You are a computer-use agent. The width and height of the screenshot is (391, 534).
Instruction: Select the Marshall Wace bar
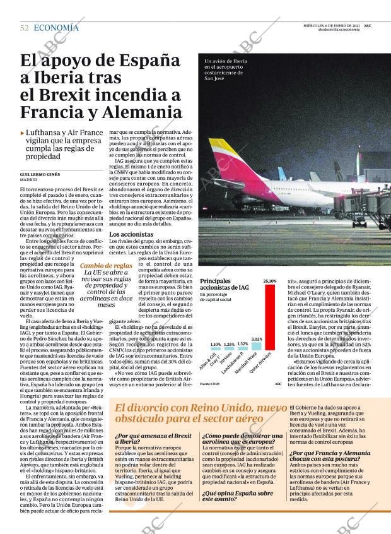pyautogui.click(x=256, y=346)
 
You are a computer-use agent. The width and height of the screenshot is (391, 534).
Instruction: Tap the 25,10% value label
pyautogui.click(x=270, y=281)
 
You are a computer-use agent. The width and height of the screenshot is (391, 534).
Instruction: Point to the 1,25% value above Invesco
pyautogui.click(x=229, y=345)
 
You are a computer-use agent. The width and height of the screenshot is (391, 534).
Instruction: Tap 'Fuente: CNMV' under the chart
pyautogui.click(x=210, y=383)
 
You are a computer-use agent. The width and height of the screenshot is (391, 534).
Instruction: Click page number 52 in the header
pyautogui.click(x=25, y=28)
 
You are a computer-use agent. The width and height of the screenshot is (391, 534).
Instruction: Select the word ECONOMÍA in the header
pyautogui.click(x=56, y=28)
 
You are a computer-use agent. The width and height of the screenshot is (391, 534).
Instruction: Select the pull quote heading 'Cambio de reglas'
pyautogui.click(x=106, y=266)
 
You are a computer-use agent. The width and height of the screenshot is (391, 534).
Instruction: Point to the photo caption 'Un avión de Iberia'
pyautogui.click(x=226, y=61)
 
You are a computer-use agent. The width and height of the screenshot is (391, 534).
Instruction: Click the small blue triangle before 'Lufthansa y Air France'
pyautogui.click(x=23, y=133)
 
